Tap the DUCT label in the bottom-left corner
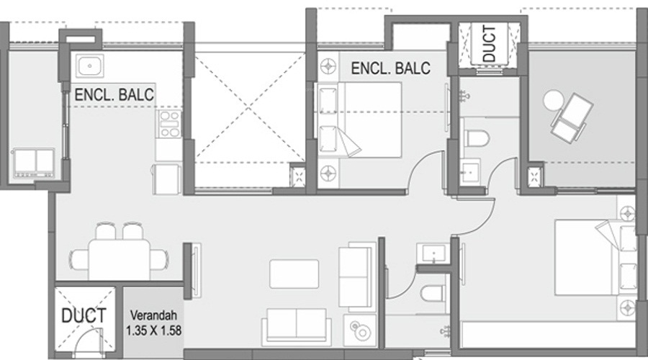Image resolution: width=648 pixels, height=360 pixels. [x=84, y=315]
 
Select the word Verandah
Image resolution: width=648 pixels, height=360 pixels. [x=153, y=315]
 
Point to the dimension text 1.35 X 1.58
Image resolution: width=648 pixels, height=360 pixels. [x=153, y=330]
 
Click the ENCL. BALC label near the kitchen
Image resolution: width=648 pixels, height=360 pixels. [x=114, y=94]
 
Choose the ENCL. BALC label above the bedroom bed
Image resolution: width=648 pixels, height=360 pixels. [x=390, y=68]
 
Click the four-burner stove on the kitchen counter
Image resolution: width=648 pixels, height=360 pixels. [x=169, y=124]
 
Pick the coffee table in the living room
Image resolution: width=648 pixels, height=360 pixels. [x=294, y=273]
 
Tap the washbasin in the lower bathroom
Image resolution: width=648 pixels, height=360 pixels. [x=434, y=254]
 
